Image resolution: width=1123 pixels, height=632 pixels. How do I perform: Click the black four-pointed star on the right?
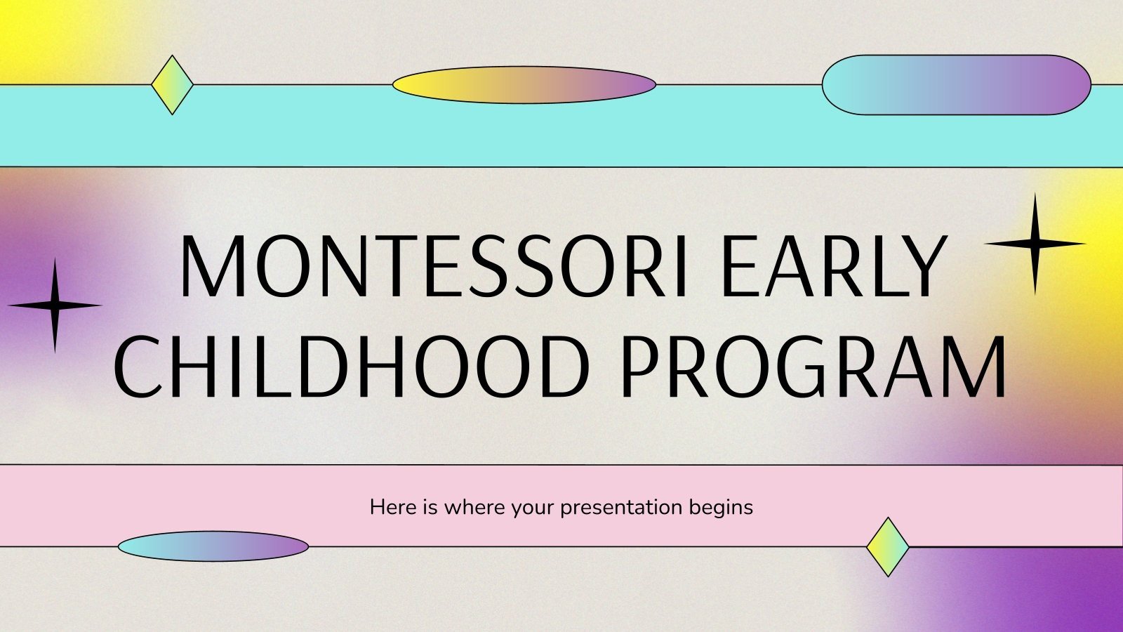[1035, 244]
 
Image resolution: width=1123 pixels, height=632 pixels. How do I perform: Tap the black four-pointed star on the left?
[55, 305]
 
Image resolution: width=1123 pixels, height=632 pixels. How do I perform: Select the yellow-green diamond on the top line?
[172, 85]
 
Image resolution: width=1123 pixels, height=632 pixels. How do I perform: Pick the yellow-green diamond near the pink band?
[888, 547]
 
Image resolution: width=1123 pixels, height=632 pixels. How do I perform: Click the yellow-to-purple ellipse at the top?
[524, 85]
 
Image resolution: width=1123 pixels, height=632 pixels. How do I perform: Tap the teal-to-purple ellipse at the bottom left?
[213, 546]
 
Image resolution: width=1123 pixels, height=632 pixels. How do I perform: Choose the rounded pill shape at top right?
[956, 85]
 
